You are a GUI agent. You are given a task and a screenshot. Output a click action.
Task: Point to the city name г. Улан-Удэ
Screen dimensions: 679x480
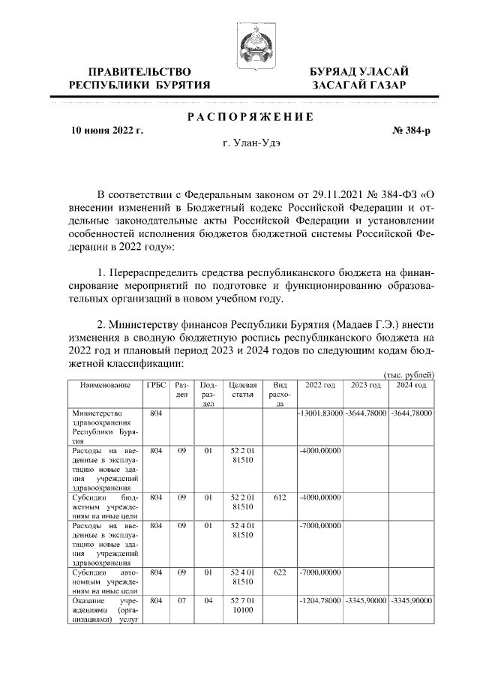pos(250,143)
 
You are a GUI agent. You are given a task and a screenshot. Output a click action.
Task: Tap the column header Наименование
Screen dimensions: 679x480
pos(104,385)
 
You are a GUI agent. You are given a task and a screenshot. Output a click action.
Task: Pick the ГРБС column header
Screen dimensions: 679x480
pos(156,385)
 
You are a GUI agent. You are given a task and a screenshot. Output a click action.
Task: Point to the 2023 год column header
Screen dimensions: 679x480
pos(364,385)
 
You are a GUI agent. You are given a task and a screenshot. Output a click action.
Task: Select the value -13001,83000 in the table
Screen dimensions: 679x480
pos(320,413)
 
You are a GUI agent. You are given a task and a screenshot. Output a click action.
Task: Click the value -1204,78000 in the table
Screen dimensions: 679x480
pos(320,601)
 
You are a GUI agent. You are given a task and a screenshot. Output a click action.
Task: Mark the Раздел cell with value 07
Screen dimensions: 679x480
pos(181,601)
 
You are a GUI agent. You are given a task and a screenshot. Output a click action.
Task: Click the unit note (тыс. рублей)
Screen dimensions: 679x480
pos(409,374)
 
